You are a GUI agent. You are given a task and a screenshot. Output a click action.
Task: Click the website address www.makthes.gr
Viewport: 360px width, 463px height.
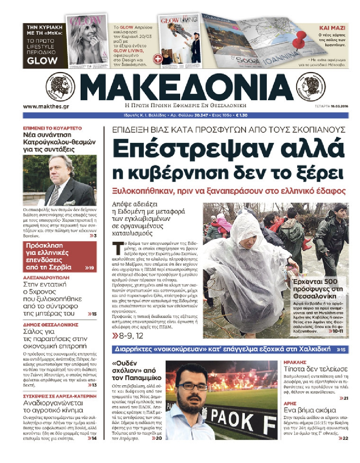(x=46, y=106)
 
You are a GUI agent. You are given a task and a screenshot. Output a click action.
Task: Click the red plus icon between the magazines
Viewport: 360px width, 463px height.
(x=158, y=59)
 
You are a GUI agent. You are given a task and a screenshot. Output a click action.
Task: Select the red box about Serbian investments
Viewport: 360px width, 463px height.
(x=60, y=256)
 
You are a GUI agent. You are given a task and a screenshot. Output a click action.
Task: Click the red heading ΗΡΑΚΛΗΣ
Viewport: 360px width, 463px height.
(x=295, y=362)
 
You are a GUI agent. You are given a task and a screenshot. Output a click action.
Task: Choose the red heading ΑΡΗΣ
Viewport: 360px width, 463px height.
(x=290, y=403)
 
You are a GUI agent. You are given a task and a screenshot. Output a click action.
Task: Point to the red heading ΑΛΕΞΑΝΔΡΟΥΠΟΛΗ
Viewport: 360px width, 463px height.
(x=46, y=278)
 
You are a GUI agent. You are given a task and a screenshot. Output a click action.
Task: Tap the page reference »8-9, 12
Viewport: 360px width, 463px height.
(x=128, y=336)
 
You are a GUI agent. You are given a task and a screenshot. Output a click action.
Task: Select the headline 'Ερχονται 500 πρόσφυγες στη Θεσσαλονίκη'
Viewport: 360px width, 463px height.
(x=318, y=288)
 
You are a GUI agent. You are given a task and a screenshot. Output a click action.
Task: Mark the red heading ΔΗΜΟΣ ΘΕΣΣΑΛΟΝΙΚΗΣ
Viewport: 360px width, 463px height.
(x=50, y=325)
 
